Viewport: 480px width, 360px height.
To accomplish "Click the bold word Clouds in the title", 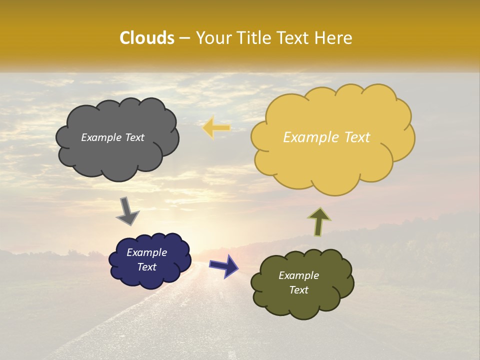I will click(147, 38).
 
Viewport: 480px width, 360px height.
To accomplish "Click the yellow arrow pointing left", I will click(216, 128).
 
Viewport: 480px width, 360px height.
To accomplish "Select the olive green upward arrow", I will click(319, 221).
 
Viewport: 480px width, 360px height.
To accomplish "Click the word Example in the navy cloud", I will click(146, 252).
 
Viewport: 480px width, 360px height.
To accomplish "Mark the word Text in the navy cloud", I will click(146, 267).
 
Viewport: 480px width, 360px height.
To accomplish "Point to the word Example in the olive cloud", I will click(298, 275).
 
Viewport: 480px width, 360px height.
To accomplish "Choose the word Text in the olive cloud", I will click(298, 290).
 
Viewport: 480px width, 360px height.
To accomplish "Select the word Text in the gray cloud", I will click(134, 137).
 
